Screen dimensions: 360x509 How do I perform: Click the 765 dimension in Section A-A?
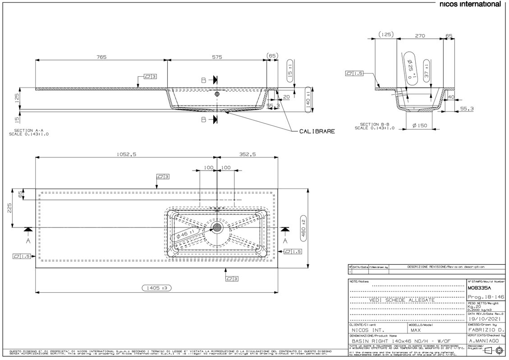pyautogui.click(x=101, y=57)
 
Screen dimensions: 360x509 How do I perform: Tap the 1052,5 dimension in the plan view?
pyautogui.click(x=126, y=154)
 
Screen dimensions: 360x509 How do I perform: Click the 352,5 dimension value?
pyautogui.click(x=247, y=154)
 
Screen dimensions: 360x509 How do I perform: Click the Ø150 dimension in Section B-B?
pyautogui.click(x=420, y=126)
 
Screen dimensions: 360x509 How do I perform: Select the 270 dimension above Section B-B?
pyautogui.click(x=420, y=34)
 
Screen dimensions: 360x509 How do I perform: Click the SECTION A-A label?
pyautogui.click(x=29, y=132)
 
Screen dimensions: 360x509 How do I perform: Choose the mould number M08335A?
pyautogui.click(x=480, y=287)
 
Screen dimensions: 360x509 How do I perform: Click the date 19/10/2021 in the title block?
pyautogui.click(x=482, y=318)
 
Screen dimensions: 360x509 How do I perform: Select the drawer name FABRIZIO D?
pyautogui.click(x=483, y=330)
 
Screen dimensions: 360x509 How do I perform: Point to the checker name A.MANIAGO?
pyautogui.click(x=484, y=341)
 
